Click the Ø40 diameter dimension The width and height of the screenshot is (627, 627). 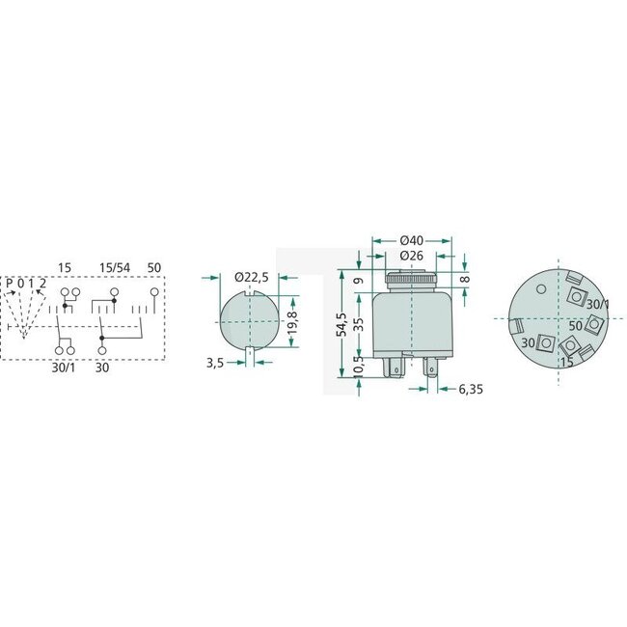(x=411, y=240)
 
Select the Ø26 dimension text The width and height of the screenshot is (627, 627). (x=411, y=256)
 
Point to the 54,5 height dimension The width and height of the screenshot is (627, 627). (x=342, y=325)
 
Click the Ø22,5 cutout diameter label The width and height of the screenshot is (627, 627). (x=254, y=277)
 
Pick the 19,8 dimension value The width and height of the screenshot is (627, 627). (x=292, y=322)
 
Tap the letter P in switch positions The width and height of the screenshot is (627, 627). (x=10, y=282)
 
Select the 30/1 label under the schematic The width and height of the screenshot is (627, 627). (x=63, y=368)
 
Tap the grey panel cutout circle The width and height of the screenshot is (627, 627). (x=248, y=320)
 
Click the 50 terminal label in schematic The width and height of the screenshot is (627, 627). (x=154, y=265)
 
